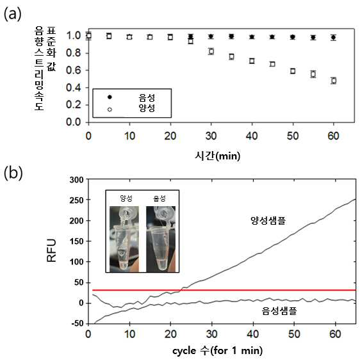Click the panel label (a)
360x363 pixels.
click(13, 14)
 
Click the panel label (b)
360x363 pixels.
click(13, 173)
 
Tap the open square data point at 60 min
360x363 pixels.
click(334, 81)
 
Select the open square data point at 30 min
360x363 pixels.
click(211, 51)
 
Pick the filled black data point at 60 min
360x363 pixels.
click(333, 37)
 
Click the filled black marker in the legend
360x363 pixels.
click(110, 97)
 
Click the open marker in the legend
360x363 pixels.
click(110, 109)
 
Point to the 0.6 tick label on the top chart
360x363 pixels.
click(73, 70)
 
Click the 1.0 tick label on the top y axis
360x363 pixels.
click(73, 36)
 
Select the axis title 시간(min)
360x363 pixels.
click(217, 156)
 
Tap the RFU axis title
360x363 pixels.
click(51, 250)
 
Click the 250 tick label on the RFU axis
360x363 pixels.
click(76, 200)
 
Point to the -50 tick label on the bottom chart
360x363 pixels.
click(78, 323)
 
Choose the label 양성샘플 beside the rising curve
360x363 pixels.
click(268, 220)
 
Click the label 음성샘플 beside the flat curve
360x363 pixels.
click(279, 311)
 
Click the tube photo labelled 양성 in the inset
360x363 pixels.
click(124, 239)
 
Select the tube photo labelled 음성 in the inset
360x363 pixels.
click(161, 239)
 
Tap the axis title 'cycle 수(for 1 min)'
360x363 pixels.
click(217, 350)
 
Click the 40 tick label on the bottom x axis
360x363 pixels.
click(253, 334)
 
